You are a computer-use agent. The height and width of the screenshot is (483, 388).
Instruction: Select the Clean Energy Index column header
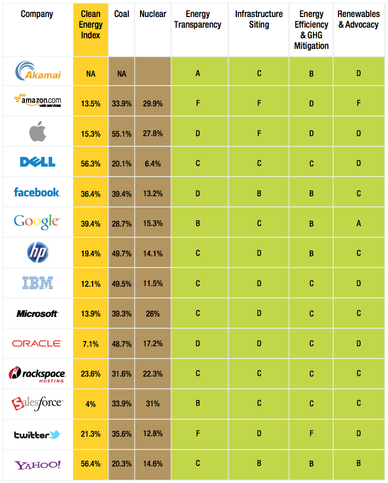pyautogui.click(x=90, y=25)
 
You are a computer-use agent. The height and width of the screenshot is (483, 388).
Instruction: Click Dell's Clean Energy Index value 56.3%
pyautogui.click(x=90, y=163)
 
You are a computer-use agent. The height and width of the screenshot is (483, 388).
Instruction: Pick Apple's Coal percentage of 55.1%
pyautogui.click(x=122, y=134)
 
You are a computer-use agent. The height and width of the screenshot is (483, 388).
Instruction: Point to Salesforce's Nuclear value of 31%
pyautogui.click(x=153, y=404)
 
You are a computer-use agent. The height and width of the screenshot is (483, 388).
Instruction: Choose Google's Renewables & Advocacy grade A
pyautogui.click(x=358, y=223)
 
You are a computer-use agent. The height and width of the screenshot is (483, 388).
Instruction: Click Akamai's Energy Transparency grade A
pyautogui.click(x=197, y=73)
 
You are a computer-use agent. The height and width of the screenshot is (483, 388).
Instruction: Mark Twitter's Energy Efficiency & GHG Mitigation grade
pyautogui.click(x=311, y=434)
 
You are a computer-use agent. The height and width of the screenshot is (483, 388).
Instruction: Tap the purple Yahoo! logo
pyautogui.click(x=37, y=465)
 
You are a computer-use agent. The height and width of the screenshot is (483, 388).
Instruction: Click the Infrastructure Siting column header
pyautogui.click(x=259, y=19)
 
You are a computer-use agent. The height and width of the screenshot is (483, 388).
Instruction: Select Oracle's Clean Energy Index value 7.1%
pyautogui.click(x=90, y=344)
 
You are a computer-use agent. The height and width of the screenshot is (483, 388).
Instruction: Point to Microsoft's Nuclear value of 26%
pyautogui.click(x=153, y=314)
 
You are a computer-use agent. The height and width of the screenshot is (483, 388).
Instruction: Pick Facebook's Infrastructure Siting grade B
pyautogui.click(x=259, y=194)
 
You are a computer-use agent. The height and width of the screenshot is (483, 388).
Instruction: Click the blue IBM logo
pyautogui.click(x=37, y=282)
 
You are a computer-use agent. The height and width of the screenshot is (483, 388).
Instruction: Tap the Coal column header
pyautogui.click(x=122, y=14)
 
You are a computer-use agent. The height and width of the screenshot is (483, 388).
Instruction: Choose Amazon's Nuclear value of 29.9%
pyautogui.click(x=153, y=104)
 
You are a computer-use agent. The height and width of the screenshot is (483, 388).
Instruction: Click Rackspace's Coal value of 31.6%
pyautogui.click(x=122, y=374)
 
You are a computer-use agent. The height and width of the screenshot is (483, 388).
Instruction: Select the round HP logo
pyautogui.click(x=37, y=252)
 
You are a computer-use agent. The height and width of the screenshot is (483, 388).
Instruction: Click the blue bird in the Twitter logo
pyautogui.click(x=55, y=435)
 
